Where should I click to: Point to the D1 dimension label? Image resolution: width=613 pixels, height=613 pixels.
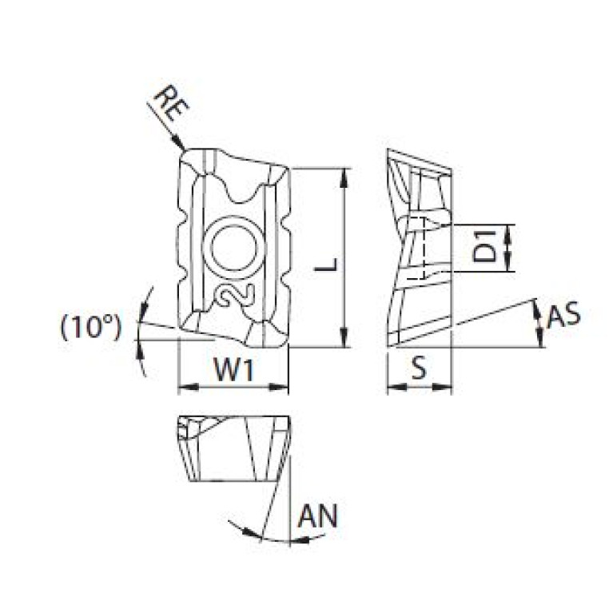(484, 247)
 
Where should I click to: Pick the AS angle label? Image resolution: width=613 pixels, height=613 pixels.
(563, 316)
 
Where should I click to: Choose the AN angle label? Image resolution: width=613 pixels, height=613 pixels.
(317, 517)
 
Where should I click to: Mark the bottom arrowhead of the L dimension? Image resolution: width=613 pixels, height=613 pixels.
(344, 342)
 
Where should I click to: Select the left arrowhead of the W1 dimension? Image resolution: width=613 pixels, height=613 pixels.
(181, 388)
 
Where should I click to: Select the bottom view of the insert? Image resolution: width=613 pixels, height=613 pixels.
(232, 448)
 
